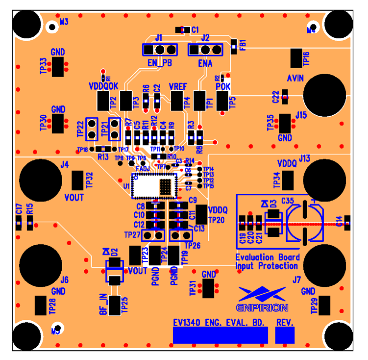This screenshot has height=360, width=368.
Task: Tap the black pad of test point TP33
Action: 59,66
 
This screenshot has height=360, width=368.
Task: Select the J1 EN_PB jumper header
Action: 160,50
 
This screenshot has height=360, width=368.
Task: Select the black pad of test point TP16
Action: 296,58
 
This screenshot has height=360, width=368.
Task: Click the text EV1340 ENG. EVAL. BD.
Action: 219,323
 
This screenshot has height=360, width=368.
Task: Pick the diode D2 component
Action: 114,271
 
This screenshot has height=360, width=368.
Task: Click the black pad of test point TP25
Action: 114,305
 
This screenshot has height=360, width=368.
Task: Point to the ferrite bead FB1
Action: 234,45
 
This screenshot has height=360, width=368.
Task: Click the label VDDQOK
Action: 104,86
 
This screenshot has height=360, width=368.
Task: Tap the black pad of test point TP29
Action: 325,305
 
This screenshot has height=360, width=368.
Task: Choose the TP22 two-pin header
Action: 92,129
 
